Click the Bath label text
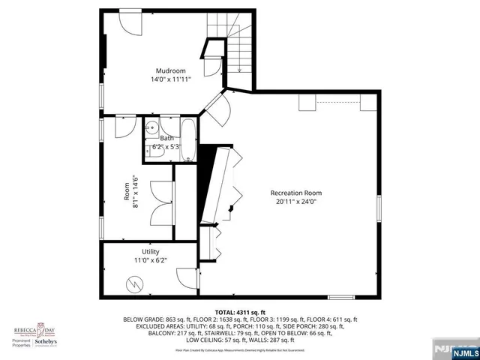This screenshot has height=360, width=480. click(166, 138)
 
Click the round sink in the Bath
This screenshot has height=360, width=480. click(151, 127)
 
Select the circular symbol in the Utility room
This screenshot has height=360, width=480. click(133, 284)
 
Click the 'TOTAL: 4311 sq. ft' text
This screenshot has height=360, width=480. click(240, 312)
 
